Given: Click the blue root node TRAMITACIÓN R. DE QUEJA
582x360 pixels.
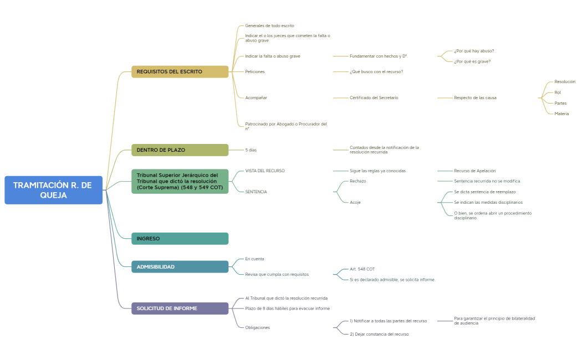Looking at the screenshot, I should coord(53,190).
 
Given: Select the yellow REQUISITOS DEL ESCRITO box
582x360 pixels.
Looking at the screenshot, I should coord(180,71).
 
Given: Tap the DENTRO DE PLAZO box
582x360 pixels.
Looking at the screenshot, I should coord(180,150).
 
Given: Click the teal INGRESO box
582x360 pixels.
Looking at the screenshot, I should coord(180,239).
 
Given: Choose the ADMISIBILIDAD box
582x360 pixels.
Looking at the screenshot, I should coord(180,267).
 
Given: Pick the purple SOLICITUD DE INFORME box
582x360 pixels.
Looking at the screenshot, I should coord(180,308).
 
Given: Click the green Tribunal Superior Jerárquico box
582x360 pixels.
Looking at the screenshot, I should coord(180,181).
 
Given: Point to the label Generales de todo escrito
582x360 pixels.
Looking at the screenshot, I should coord(269,25).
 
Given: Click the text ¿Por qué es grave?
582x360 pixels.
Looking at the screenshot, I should coord(472,61).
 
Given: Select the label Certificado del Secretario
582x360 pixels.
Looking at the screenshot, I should coord(374,98).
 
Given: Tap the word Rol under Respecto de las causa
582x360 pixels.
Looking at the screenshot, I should coord(558,92).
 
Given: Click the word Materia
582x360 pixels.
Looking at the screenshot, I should coord(561,114).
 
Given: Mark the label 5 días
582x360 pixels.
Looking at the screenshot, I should coord(251,150).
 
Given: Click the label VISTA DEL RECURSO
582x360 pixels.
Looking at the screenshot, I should coord(264,171).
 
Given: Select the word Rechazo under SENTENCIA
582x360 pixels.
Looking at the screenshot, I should coord(358,181).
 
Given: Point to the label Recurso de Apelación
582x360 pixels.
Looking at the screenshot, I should coord(474,171).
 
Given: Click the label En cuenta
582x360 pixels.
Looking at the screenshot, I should coord(254,259).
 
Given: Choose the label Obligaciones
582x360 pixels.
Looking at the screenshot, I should coord(257,327).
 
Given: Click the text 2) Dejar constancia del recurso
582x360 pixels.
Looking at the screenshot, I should coord(379,334).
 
